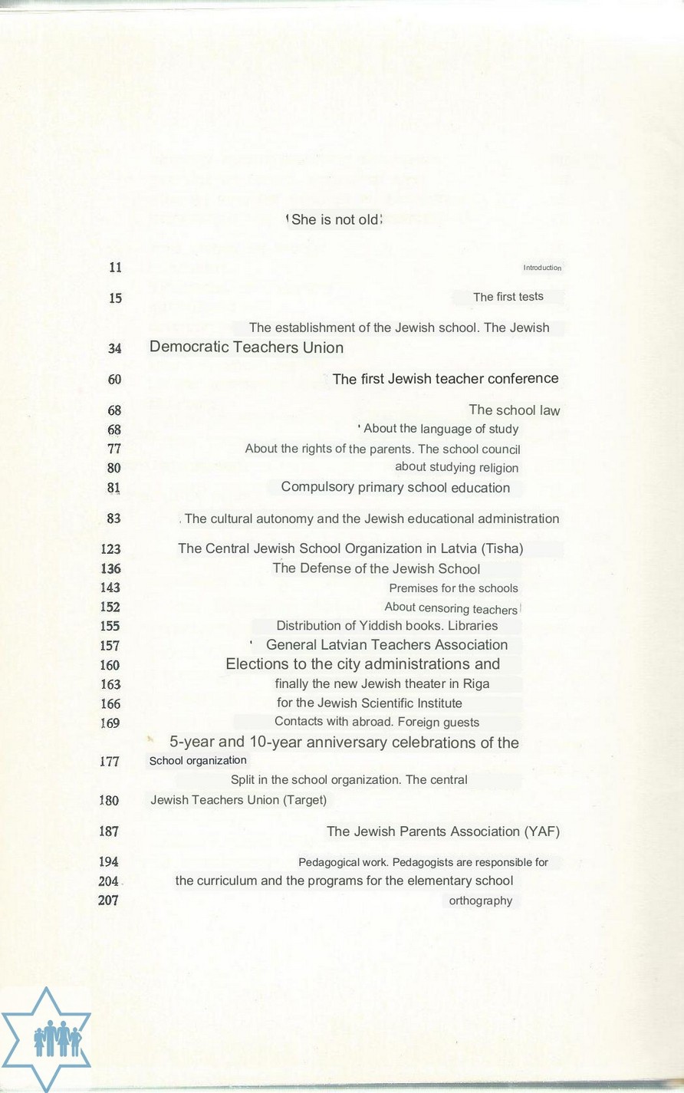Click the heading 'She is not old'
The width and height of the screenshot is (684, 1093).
335,220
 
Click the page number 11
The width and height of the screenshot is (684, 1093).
115,268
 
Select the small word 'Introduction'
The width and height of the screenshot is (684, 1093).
542,268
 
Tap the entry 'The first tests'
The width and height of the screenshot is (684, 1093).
508,297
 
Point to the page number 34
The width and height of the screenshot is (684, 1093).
114,348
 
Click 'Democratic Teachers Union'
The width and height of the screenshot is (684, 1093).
246,347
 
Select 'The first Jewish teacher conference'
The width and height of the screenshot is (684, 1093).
445,379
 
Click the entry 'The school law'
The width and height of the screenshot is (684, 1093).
514,410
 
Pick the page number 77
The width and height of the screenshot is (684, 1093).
113,449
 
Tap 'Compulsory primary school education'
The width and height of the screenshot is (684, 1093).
395,488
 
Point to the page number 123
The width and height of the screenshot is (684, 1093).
110,549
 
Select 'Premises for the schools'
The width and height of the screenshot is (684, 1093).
453,588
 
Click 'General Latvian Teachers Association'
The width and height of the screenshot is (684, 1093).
386,645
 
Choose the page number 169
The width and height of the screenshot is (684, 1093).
110,723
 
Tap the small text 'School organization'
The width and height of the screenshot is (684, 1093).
198,761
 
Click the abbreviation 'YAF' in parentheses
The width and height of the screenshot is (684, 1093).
541,831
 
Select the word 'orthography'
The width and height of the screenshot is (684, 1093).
480,900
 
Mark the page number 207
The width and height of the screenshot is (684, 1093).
108,900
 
